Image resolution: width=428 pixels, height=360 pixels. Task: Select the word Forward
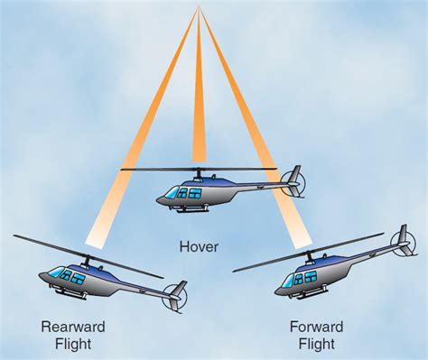314,326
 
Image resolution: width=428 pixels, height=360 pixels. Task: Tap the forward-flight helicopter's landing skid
312,297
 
